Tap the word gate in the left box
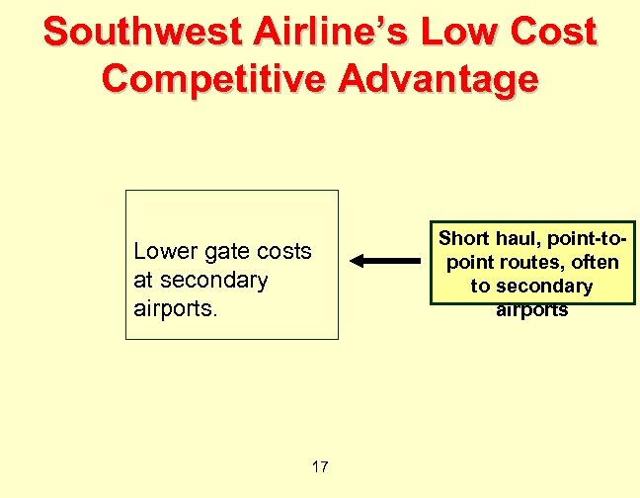226,252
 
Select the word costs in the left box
284,252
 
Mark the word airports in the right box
532,309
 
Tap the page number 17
319,466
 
